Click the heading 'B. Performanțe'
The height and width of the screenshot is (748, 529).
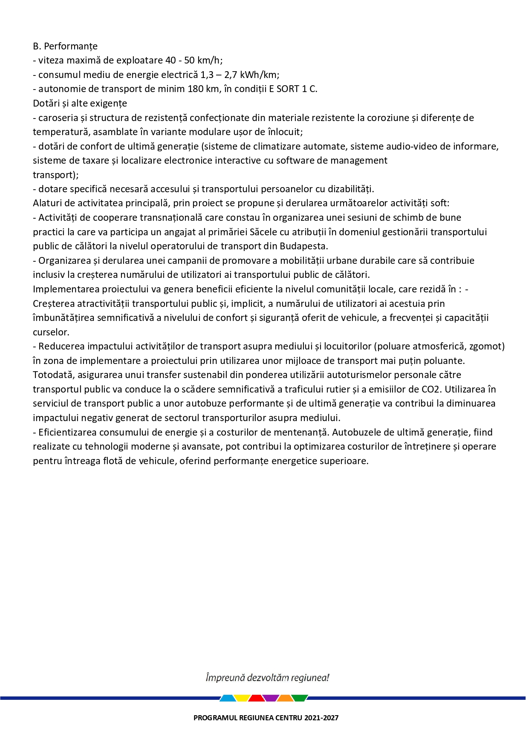click(x=65, y=46)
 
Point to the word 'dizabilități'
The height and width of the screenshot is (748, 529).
click(x=350, y=189)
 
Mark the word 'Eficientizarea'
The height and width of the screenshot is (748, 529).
click(x=68, y=433)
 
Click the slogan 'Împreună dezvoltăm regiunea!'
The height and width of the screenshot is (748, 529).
click(x=267, y=678)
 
